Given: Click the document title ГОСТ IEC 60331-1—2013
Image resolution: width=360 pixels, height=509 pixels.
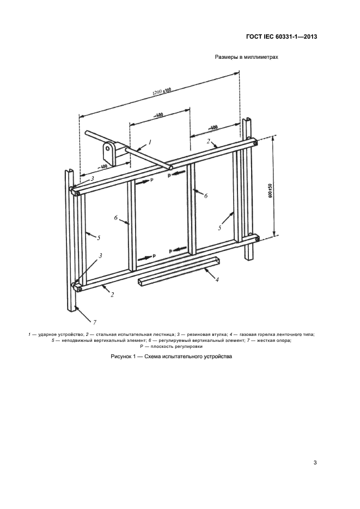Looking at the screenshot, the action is [x=282, y=36].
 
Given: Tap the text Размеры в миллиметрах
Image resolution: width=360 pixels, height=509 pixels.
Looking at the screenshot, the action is [x=247, y=57].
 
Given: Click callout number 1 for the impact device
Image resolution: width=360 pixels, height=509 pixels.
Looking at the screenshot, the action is [x=150, y=142].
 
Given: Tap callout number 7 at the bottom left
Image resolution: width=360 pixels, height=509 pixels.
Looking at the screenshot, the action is [x=94, y=322].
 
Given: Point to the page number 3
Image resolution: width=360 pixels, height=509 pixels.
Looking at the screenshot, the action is [x=315, y=463].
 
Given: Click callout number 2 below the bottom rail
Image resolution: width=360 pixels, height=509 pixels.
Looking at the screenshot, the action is [x=112, y=295].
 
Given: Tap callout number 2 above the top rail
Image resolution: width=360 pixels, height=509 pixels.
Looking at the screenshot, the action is [x=209, y=141].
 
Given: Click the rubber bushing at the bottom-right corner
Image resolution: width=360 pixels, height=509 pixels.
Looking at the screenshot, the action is [x=257, y=239].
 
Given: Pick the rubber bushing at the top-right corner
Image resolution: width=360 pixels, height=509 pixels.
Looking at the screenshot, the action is [x=255, y=142].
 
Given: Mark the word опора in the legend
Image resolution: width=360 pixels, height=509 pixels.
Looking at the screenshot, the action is [x=284, y=341].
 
